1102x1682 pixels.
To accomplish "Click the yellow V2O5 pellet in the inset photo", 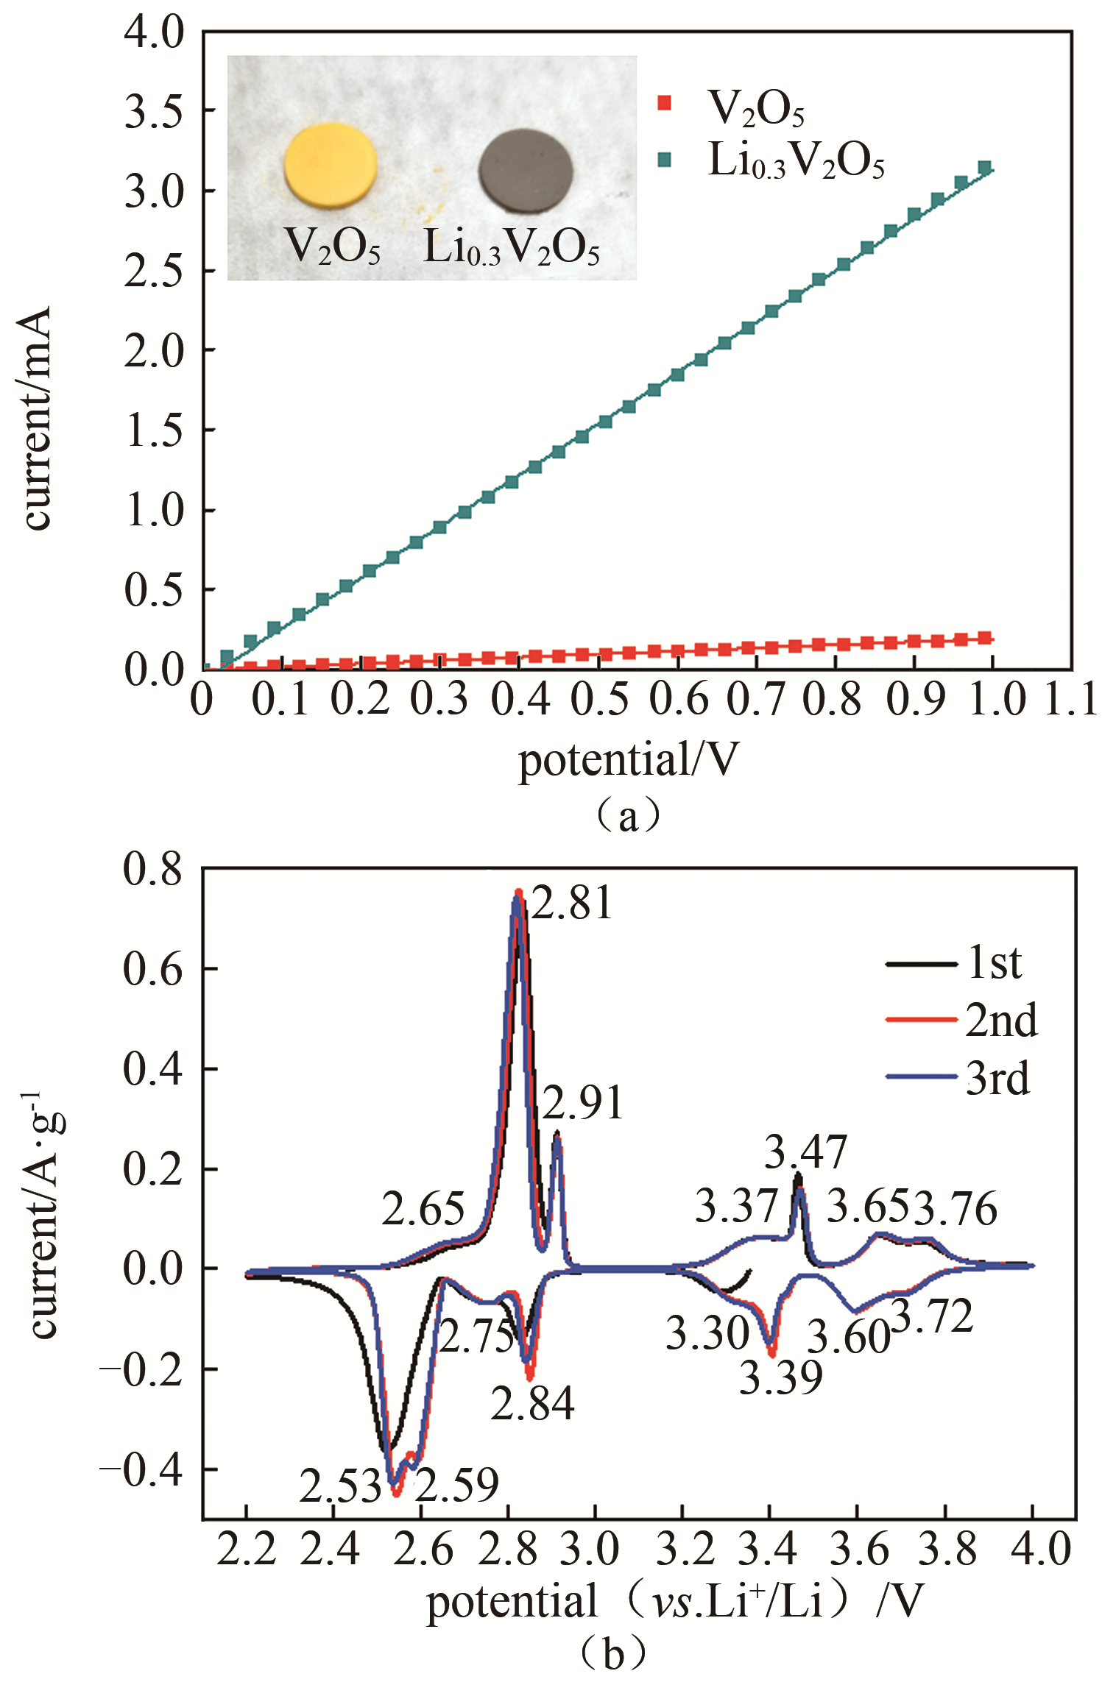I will [x=331, y=163].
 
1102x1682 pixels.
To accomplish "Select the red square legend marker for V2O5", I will [x=665, y=103].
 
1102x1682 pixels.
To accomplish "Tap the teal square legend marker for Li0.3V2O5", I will [x=665, y=159].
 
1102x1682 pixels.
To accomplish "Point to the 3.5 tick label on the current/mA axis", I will [x=154, y=111].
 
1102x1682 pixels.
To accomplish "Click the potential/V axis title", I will [x=628, y=759].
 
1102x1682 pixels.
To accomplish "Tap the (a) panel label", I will [x=627, y=815].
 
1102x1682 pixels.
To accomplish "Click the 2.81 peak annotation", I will [x=572, y=904].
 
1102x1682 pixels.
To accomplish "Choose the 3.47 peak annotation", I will [x=805, y=1152].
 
